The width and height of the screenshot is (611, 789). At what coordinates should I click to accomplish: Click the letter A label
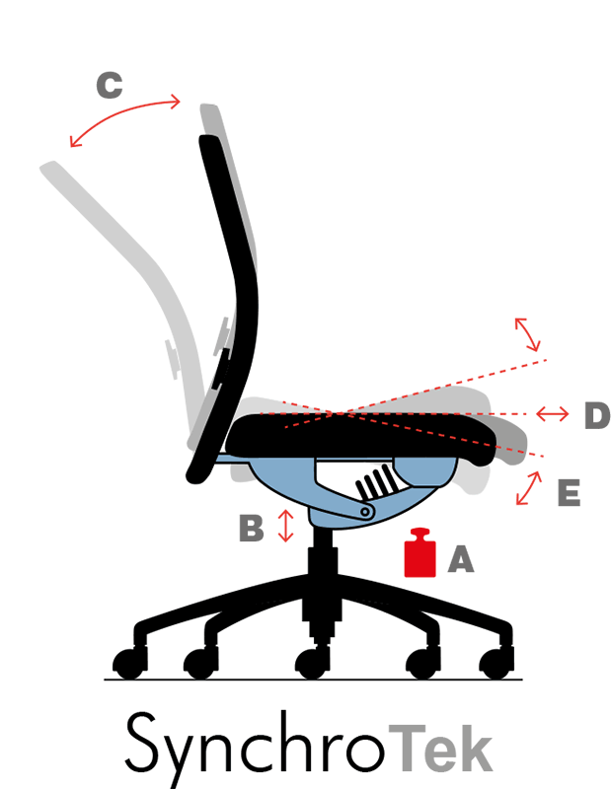click(x=461, y=560)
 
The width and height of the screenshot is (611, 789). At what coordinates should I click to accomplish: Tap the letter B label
click(x=252, y=528)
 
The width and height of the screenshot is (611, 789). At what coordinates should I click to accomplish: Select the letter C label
click(x=110, y=86)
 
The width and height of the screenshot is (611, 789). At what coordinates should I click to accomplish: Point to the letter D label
click(x=596, y=416)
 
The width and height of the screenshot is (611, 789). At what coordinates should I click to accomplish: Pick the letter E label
click(x=569, y=493)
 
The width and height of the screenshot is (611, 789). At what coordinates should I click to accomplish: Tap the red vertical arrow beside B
click(x=286, y=525)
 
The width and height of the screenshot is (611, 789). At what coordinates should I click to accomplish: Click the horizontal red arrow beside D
click(x=552, y=413)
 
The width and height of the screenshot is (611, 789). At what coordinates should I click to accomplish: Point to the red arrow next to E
click(x=530, y=488)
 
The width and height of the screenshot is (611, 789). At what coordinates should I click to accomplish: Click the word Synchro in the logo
click(x=255, y=746)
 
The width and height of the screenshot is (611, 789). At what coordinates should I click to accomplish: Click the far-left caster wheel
click(x=127, y=663)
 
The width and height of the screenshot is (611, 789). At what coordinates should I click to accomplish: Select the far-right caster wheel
click(x=495, y=662)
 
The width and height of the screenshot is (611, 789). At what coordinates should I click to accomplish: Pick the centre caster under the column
click(x=312, y=664)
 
